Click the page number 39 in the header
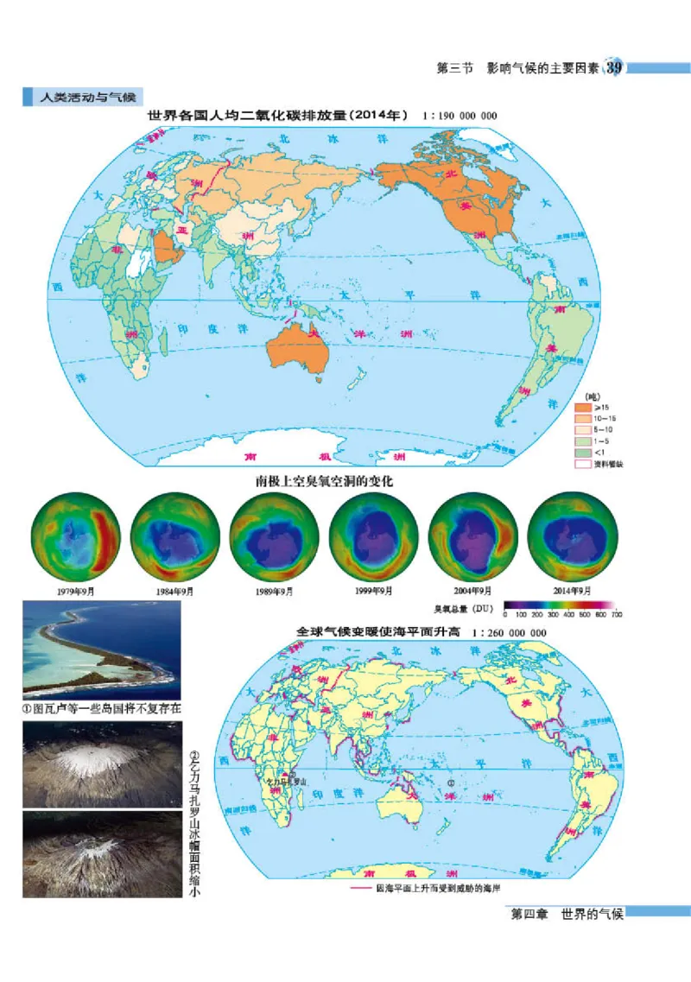(614, 68)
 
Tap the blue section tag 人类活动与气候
(82, 97)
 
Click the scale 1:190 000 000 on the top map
(460, 115)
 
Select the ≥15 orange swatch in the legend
(583, 406)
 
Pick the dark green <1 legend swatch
(583, 452)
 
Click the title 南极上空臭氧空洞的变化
(324, 481)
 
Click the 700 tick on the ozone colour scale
(616, 615)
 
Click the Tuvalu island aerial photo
(101, 649)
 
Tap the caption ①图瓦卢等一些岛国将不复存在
(102, 708)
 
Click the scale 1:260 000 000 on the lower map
(509, 633)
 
